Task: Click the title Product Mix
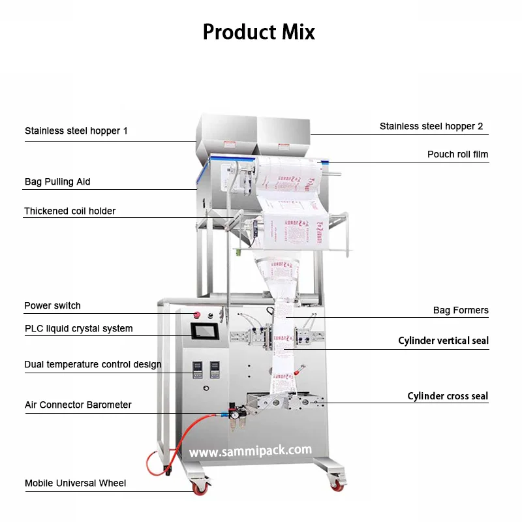point(259,31)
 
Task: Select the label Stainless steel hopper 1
point(76,131)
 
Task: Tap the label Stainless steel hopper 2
point(431,127)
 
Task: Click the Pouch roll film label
point(457,155)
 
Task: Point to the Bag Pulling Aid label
point(57,182)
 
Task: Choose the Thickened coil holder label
point(70,211)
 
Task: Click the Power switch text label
point(52,306)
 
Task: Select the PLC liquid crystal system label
point(78,329)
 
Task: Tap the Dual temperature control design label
point(93,365)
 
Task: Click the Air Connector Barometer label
point(78,405)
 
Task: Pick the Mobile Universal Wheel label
point(76,484)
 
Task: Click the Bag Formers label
point(461,311)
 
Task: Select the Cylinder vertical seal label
point(443,341)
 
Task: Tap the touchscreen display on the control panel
point(204,332)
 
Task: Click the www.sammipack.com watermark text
point(251,451)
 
